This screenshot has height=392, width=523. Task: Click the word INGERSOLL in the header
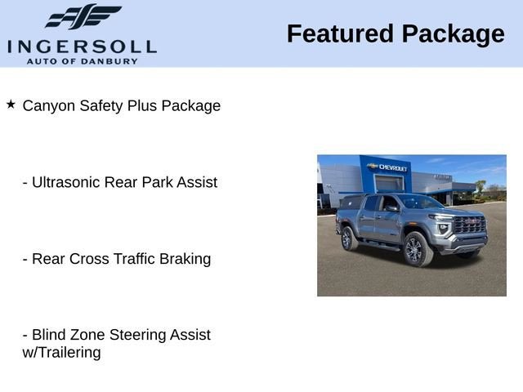click(82, 46)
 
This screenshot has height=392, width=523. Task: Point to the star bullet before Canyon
click(11, 105)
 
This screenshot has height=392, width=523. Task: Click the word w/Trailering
click(61, 353)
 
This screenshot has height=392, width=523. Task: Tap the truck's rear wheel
click(348, 238)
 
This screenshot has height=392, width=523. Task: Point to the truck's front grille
click(470, 225)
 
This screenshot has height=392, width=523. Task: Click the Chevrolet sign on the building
click(390, 167)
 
